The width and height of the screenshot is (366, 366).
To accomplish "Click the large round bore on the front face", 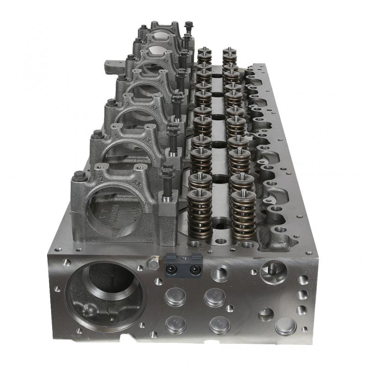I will (102, 293).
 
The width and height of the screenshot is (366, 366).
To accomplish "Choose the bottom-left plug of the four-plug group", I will (176, 324).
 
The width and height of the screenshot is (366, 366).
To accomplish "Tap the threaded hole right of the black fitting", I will (220, 274).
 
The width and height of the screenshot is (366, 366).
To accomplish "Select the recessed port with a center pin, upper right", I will (273, 271).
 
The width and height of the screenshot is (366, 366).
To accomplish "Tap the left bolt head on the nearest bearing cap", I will (80, 175).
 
